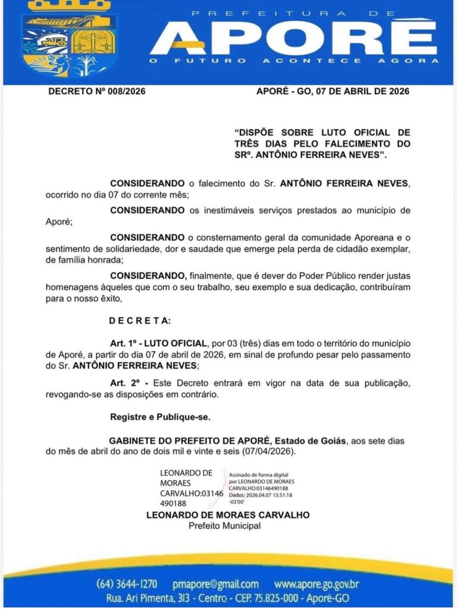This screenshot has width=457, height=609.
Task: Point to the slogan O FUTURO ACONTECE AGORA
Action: pyautogui.click(x=294, y=61)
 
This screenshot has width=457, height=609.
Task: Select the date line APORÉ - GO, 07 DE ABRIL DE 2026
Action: pyautogui.click(x=333, y=92)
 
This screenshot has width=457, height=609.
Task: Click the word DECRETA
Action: pyautogui.click(x=139, y=321)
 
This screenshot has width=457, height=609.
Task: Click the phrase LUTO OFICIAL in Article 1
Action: pyautogui.click(x=177, y=344)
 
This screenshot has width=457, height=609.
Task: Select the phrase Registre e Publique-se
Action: pyautogui.click(x=160, y=417)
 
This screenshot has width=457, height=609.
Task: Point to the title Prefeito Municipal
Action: pyautogui.click(x=224, y=526)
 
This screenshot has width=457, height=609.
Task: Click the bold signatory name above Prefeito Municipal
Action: pyautogui.click(x=228, y=515)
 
